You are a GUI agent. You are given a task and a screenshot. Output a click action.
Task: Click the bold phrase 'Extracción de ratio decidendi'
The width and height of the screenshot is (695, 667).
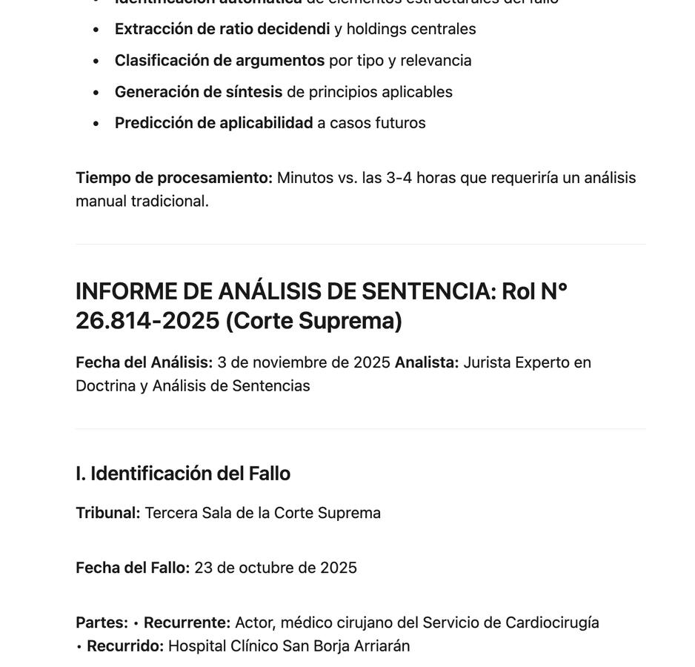[222, 29]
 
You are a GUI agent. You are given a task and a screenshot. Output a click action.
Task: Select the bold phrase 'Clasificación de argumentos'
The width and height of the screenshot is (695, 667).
[219, 60]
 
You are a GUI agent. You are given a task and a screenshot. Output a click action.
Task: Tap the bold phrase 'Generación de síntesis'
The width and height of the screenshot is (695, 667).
[199, 92]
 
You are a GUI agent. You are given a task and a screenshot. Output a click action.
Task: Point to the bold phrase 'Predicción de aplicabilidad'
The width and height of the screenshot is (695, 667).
[213, 123]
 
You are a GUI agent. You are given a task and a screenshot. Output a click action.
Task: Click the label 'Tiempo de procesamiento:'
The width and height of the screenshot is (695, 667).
[174, 178]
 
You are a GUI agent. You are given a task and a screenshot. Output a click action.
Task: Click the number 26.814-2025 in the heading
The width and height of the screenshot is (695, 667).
[147, 320]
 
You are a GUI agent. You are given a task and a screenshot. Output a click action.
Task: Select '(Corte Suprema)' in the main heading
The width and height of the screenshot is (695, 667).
[313, 320]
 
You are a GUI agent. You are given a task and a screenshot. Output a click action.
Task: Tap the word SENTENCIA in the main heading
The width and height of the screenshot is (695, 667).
[428, 291]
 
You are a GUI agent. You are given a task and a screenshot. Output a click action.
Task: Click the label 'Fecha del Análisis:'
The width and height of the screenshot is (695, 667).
[144, 362]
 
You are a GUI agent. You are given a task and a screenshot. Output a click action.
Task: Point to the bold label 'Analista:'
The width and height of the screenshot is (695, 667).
[427, 362]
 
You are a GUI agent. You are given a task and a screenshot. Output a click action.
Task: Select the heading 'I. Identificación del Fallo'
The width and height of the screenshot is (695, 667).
[183, 474]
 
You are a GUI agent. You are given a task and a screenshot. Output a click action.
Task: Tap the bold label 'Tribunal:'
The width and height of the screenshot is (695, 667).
[108, 513]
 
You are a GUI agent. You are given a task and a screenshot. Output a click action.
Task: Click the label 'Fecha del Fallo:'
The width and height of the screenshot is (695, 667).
[133, 568]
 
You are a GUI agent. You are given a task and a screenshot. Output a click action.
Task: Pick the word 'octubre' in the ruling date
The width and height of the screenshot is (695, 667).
[265, 568]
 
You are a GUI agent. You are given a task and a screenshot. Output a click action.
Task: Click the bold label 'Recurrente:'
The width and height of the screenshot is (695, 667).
[187, 623]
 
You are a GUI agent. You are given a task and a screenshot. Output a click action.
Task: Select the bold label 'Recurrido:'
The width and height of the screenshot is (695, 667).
[125, 646]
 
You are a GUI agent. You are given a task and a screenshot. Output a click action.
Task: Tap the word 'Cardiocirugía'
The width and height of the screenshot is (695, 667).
[552, 623]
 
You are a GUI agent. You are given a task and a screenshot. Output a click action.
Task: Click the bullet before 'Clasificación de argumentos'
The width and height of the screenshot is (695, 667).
[96, 61]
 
